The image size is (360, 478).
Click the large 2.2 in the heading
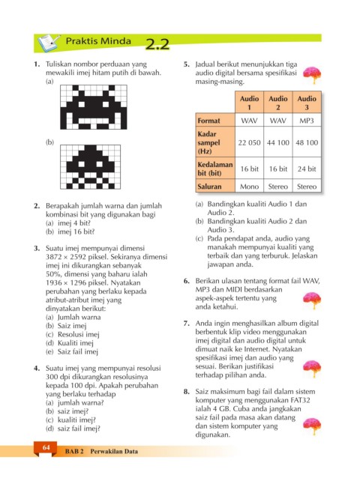click(x=157, y=44)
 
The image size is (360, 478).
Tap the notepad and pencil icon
click(x=49, y=43)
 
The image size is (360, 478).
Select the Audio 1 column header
click(x=249, y=103)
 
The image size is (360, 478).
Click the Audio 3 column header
click(x=307, y=103)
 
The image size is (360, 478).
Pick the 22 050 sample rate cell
click(x=249, y=142)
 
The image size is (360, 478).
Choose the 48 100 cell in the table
click(x=307, y=142)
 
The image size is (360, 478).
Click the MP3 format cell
click(x=307, y=121)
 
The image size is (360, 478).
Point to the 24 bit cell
click(x=307, y=169)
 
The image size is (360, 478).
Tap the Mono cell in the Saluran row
click(x=249, y=187)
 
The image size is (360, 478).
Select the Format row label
click(x=208, y=121)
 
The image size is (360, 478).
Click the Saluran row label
click(x=209, y=187)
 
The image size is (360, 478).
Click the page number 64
click(x=46, y=447)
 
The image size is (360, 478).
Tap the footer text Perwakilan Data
click(x=114, y=451)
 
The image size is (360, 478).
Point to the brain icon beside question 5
click(x=312, y=75)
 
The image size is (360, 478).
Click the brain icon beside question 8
click(x=312, y=426)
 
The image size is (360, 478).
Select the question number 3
click(x=37, y=248)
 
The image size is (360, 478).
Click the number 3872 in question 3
click(x=54, y=257)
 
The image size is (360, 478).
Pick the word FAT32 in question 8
click(x=300, y=400)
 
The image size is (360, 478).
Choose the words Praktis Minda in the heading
click(x=98, y=41)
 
